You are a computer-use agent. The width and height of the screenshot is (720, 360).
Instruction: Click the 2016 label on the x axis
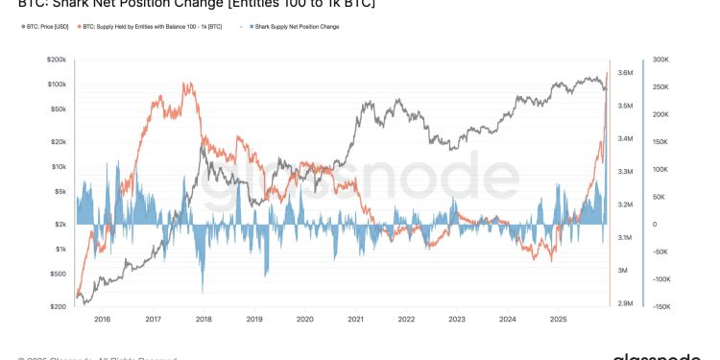pyautogui.click(x=102, y=318)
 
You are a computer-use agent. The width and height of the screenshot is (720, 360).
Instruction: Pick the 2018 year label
pyautogui.click(x=203, y=318)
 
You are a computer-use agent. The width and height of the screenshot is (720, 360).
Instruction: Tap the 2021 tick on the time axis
pyautogui.click(x=355, y=318)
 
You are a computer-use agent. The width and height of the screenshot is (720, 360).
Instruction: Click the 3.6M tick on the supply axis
pyautogui.click(x=624, y=73)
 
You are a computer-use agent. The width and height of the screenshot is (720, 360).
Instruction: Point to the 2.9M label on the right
pyautogui.click(x=624, y=303)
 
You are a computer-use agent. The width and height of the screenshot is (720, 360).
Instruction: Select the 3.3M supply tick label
pyautogui.click(x=624, y=172)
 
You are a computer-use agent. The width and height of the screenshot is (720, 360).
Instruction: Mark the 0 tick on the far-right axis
pyautogui.click(x=655, y=225)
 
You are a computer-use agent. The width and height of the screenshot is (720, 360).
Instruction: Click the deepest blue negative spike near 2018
pyautogui.click(x=203, y=291)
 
